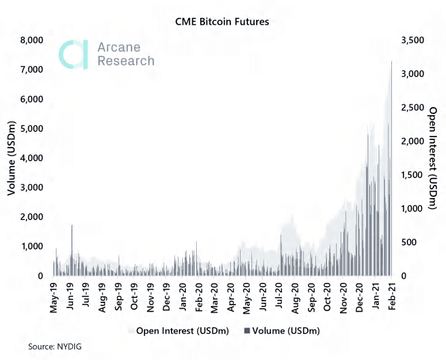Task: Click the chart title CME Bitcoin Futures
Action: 222,22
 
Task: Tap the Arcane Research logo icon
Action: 74,55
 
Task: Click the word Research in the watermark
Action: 126,60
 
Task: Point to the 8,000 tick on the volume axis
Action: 32,40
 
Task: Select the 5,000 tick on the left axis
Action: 32,128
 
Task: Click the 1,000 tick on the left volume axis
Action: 32,247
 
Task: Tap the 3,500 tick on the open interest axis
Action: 413,40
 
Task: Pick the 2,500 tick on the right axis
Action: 413,108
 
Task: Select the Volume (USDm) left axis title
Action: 12,158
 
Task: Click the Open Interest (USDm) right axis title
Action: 433,158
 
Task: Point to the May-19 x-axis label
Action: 54,298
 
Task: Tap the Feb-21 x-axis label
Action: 392,297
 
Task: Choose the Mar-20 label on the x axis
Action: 215,298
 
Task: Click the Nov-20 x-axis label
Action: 344,298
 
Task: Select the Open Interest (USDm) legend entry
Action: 179,331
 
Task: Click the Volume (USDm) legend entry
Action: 282,331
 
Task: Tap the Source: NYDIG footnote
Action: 55,347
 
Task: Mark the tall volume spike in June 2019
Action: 72,250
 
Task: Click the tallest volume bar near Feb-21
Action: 392,168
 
